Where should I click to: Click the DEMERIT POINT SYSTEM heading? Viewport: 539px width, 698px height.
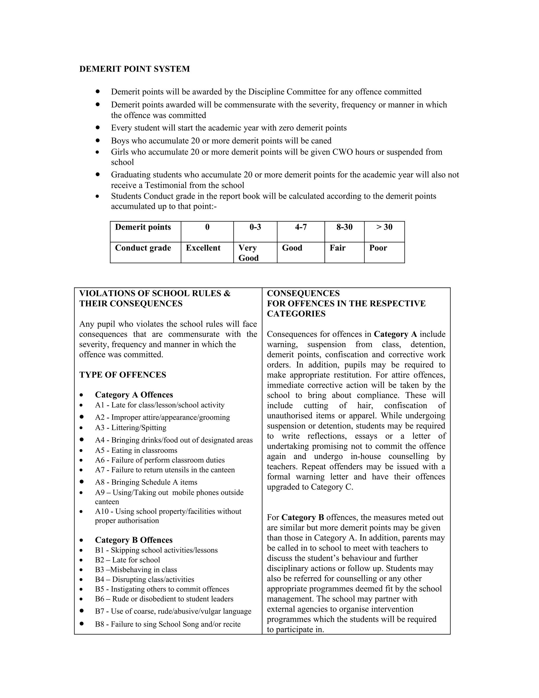coord(134,69)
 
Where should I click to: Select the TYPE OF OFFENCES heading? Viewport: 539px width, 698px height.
coord(123,375)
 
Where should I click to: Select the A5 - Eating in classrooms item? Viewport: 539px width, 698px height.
coord(136,450)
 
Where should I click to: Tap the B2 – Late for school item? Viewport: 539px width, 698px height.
coord(127,560)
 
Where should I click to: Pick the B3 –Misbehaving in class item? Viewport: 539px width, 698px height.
coord(136,569)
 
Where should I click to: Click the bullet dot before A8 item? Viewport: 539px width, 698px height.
coord(82,481)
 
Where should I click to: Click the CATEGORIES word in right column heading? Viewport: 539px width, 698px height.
coord(296,314)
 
